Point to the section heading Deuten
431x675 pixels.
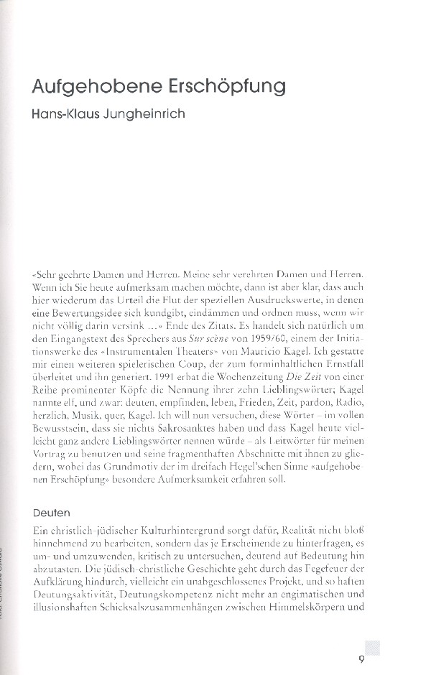click(51, 513)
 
